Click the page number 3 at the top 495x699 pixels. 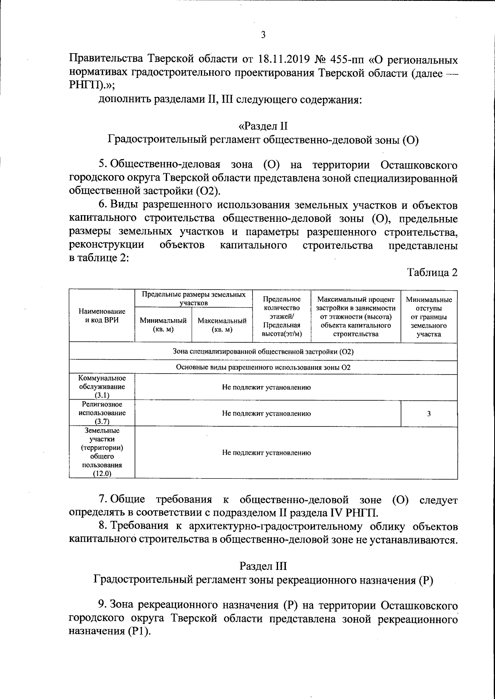[x=263, y=35]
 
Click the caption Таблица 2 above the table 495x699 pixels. [x=432, y=273]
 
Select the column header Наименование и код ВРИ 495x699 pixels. [x=102, y=315]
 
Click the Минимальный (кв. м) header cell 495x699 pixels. [x=163, y=325]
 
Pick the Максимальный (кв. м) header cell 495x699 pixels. [x=222, y=325]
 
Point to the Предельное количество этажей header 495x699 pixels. [x=282, y=316]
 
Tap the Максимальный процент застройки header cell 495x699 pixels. [x=356, y=316]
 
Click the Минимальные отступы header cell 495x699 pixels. [x=429, y=316]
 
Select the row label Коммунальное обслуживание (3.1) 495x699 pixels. [x=102, y=387]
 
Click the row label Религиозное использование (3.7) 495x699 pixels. [x=102, y=413]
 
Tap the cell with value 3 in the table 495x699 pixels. [x=429, y=414]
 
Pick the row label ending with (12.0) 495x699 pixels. [x=102, y=452]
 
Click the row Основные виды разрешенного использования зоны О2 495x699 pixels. [x=263, y=367]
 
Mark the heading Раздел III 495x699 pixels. [x=263, y=565]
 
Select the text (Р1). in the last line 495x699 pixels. [x=139, y=631]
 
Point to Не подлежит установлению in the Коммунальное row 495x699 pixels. [x=266, y=387]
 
